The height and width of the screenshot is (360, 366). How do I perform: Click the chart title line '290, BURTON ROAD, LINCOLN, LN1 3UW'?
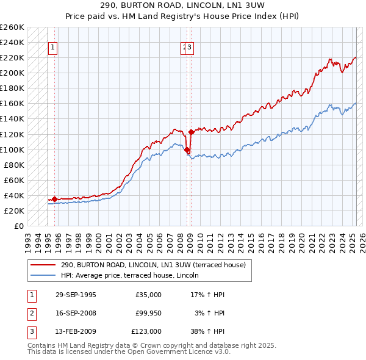(182, 5)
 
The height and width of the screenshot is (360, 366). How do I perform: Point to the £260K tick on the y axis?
(12, 27)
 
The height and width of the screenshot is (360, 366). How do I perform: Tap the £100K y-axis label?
(12, 149)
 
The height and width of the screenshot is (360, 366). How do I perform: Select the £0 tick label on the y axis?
(18, 226)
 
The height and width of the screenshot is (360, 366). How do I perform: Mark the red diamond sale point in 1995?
(54, 198)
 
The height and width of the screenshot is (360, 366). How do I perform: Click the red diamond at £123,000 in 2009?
(191, 132)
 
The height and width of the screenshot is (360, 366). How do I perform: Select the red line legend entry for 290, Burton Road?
(152, 265)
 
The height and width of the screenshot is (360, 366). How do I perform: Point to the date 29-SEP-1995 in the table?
(76, 295)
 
